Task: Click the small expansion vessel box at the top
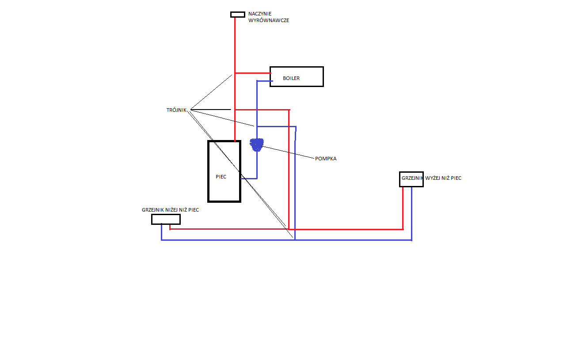tap(237, 15)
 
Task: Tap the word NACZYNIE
tap(260, 14)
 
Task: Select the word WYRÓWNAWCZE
tap(269, 20)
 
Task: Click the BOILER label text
tap(291, 78)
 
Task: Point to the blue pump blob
tap(257, 145)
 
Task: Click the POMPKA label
tap(326, 159)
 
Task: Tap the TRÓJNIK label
tap(176, 110)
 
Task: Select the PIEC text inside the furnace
tap(221, 177)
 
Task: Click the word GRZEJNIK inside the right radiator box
tap(412, 178)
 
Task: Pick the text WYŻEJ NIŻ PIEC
tap(443, 178)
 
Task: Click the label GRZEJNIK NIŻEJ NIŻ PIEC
tap(170, 210)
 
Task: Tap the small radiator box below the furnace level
tap(166, 220)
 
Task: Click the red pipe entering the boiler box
tap(253, 73)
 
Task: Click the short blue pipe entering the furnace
tap(249, 178)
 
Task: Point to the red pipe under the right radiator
tap(403, 208)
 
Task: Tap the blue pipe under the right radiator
tap(411, 214)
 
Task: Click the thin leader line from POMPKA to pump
tap(288, 152)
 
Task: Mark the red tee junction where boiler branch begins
tap(235, 73)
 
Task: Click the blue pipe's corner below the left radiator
tap(161, 240)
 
